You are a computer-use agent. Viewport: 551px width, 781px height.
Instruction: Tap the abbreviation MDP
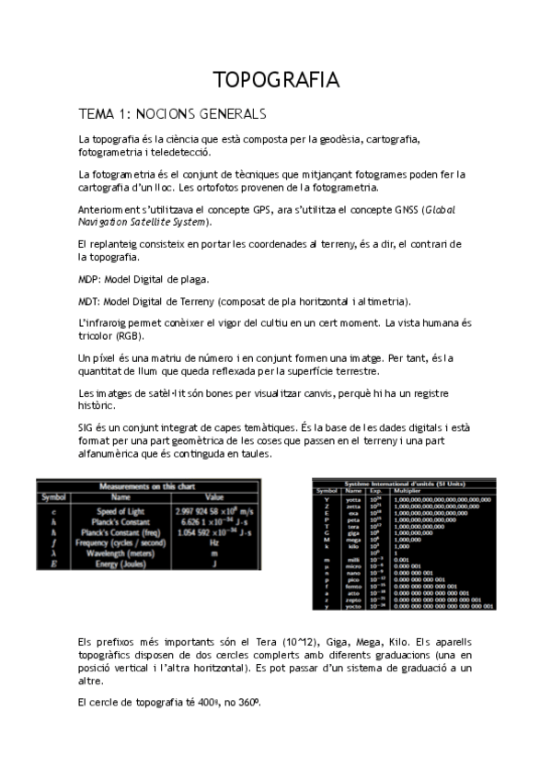[91, 278]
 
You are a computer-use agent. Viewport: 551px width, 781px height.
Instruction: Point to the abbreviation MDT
[91, 301]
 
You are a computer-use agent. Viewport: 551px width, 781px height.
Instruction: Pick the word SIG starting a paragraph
[87, 431]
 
